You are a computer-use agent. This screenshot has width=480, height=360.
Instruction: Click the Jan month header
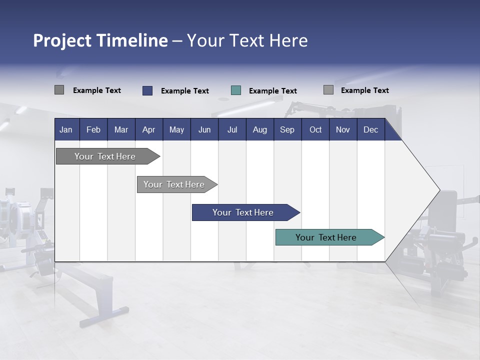tap(66, 130)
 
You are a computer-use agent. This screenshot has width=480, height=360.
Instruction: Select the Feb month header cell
tap(93, 130)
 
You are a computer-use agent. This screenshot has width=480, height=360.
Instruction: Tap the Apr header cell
tap(149, 130)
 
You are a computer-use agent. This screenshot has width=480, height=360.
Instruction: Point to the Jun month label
tap(204, 130)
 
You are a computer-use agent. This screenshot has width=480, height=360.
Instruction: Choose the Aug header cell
tap(260, 130)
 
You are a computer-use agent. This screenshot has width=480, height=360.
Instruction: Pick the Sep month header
tap(287, 130)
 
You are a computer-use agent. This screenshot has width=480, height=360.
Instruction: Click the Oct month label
tap(315, 130)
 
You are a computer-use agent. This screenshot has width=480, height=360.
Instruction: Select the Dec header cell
tap(371, 130)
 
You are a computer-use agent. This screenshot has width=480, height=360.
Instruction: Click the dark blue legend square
tap(147, 90)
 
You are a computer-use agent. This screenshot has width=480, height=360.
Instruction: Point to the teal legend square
tap(236, 90)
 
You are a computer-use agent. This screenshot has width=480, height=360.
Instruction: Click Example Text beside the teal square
tap(273, 91)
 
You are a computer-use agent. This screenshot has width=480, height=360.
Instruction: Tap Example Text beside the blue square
tap(185, 91)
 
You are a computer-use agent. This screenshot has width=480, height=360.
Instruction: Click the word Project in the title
tap(62, 41)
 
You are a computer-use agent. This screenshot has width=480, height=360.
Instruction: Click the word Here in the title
tap(288, 40)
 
